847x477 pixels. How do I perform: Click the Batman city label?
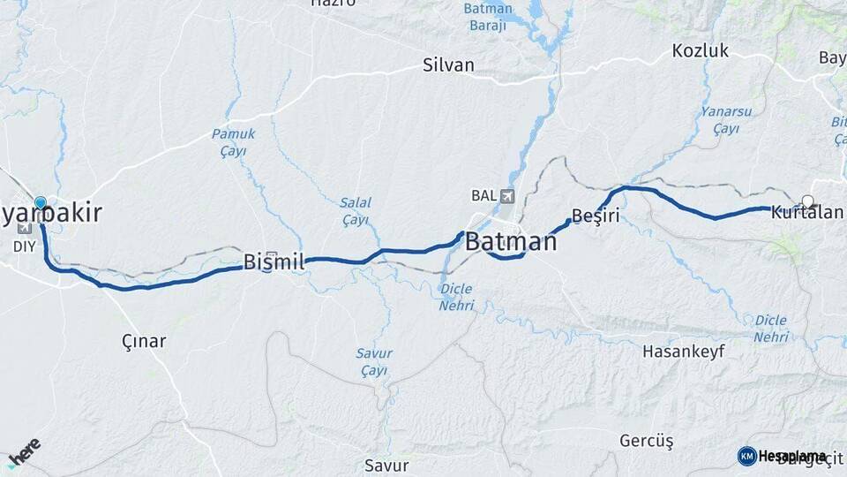[511, 241]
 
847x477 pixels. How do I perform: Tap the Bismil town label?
[274, 261]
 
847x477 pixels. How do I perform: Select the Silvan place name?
[448, 65]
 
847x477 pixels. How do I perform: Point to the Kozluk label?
[701, 50]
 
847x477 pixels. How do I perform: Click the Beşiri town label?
[596, 216]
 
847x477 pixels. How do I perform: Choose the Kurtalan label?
[806, 213]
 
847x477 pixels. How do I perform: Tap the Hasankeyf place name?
[684, 351]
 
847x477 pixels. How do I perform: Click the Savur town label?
[386, 465]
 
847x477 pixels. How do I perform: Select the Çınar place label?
[144, 341]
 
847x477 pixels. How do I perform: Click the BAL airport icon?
[506, 195]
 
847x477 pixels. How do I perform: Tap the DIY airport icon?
[23, 227]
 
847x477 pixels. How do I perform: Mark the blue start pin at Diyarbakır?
[40, 203]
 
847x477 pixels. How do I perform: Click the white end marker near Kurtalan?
[806, 201]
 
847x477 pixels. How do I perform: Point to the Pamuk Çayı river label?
[233, 142]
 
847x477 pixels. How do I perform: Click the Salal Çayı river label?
[356, 211]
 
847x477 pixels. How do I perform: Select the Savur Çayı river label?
[374, 361]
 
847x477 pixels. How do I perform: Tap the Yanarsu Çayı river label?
[725, 120]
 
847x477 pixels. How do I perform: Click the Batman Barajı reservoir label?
[487, 17]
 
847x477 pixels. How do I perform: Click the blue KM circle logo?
[746, 456]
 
